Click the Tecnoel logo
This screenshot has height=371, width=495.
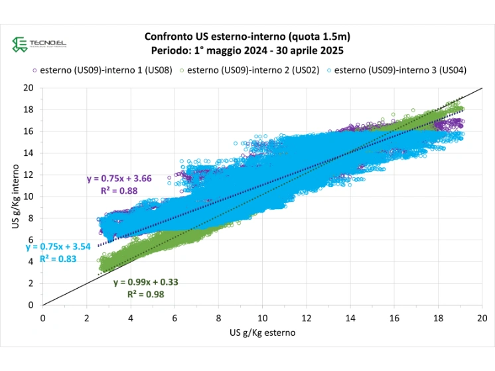(x=39, y=44)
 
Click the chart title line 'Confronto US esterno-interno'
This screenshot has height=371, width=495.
(x=247, y=37)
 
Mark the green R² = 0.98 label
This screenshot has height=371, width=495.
(x=146, y=293)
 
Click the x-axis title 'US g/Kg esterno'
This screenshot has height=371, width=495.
(x=262, y=332)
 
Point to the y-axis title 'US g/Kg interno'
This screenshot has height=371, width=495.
(x=16, y=196)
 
